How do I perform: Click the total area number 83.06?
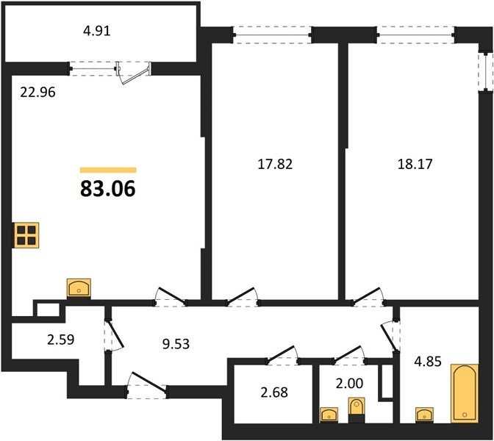(x=108, y=188)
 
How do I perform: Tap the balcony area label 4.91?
(x=97, y=31)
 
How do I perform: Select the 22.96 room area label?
(x=37, y=93)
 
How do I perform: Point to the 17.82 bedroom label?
(x=275, y=164)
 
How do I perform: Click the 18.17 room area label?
(x=415, y=164)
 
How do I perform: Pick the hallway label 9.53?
(x=176, y=344)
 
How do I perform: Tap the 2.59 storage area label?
(x=61, y=340)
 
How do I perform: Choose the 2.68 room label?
(x=274, y=392)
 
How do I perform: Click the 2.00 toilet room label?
(x=349, y=384)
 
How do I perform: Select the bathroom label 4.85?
(x=428, y=362)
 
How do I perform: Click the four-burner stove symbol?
(x=26, y=235)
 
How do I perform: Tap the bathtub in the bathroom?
(x=465, y=393)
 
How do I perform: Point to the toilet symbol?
(x=357, y=410)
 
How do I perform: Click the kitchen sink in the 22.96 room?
(x=79, y=288)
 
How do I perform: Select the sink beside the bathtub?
(x=424, y=415)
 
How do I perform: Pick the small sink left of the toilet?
(x=329, y=415)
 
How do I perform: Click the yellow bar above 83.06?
(x=108, y=170)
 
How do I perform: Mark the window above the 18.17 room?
(x=416, y=35)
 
